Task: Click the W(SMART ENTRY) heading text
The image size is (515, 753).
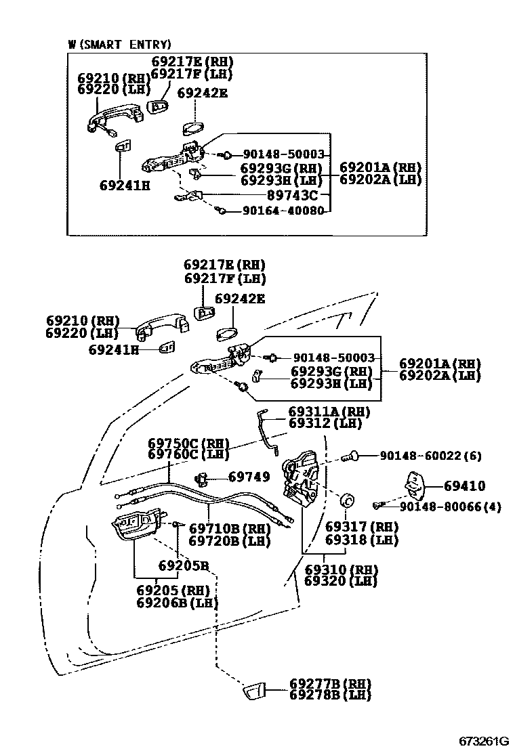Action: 119,45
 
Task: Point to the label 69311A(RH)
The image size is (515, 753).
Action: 329,412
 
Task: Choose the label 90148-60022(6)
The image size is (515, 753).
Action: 430,456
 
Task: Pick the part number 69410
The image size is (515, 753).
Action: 464,486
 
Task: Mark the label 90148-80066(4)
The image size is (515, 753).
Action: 450,506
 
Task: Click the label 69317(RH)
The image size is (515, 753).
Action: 361,527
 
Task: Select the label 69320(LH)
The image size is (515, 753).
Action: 340,581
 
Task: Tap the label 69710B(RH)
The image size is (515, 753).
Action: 229,528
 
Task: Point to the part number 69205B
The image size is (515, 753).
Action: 183,565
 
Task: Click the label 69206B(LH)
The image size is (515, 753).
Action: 177,602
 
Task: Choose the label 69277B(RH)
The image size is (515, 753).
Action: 331,683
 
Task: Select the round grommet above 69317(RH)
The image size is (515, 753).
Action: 348,500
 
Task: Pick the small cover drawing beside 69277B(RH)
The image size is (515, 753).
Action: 254,691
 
